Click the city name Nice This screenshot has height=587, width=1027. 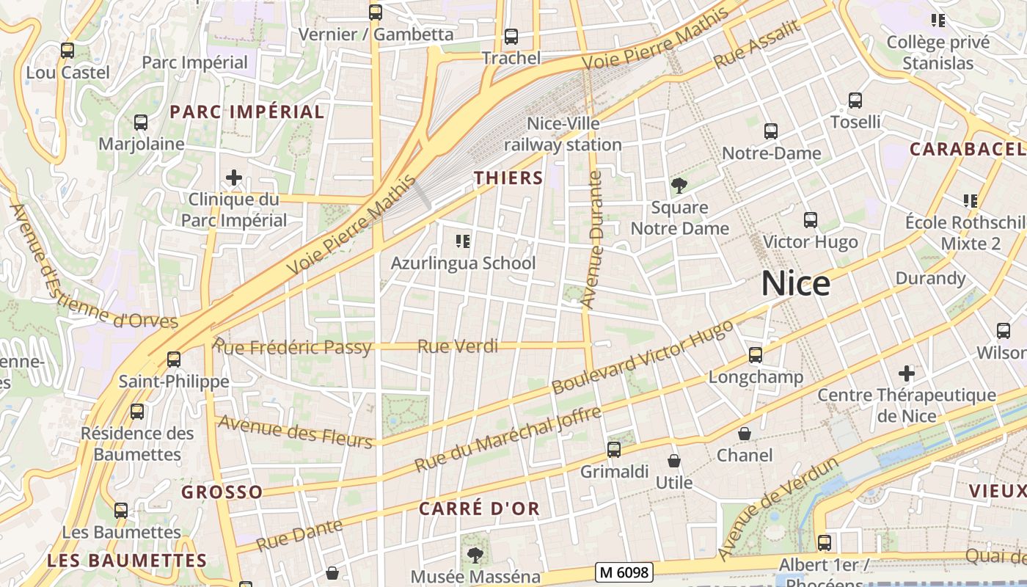point(796,284)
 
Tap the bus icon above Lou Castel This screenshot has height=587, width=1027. point(67,51)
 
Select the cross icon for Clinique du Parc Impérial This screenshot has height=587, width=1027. point(234,178)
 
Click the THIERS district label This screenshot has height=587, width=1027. point(508,178)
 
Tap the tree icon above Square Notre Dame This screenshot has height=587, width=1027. point(679,186)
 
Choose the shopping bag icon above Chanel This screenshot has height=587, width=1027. point(745,434)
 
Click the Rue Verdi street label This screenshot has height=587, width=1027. point(458,346)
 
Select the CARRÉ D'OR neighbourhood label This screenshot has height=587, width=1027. point(479,508)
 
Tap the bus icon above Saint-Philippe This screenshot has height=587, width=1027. point(174,360)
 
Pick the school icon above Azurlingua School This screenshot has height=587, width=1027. point(463,241)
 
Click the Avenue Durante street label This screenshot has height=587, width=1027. point(591,239)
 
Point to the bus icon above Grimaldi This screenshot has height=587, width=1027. point(614,450)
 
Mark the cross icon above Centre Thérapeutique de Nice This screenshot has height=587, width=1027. point(907,373)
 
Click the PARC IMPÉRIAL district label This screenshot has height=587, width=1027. point(247,112)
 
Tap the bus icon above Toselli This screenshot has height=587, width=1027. point(855,101)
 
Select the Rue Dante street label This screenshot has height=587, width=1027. point(300,535)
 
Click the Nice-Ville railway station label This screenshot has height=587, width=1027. point(563,134)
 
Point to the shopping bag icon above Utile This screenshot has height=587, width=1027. point(674,461)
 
